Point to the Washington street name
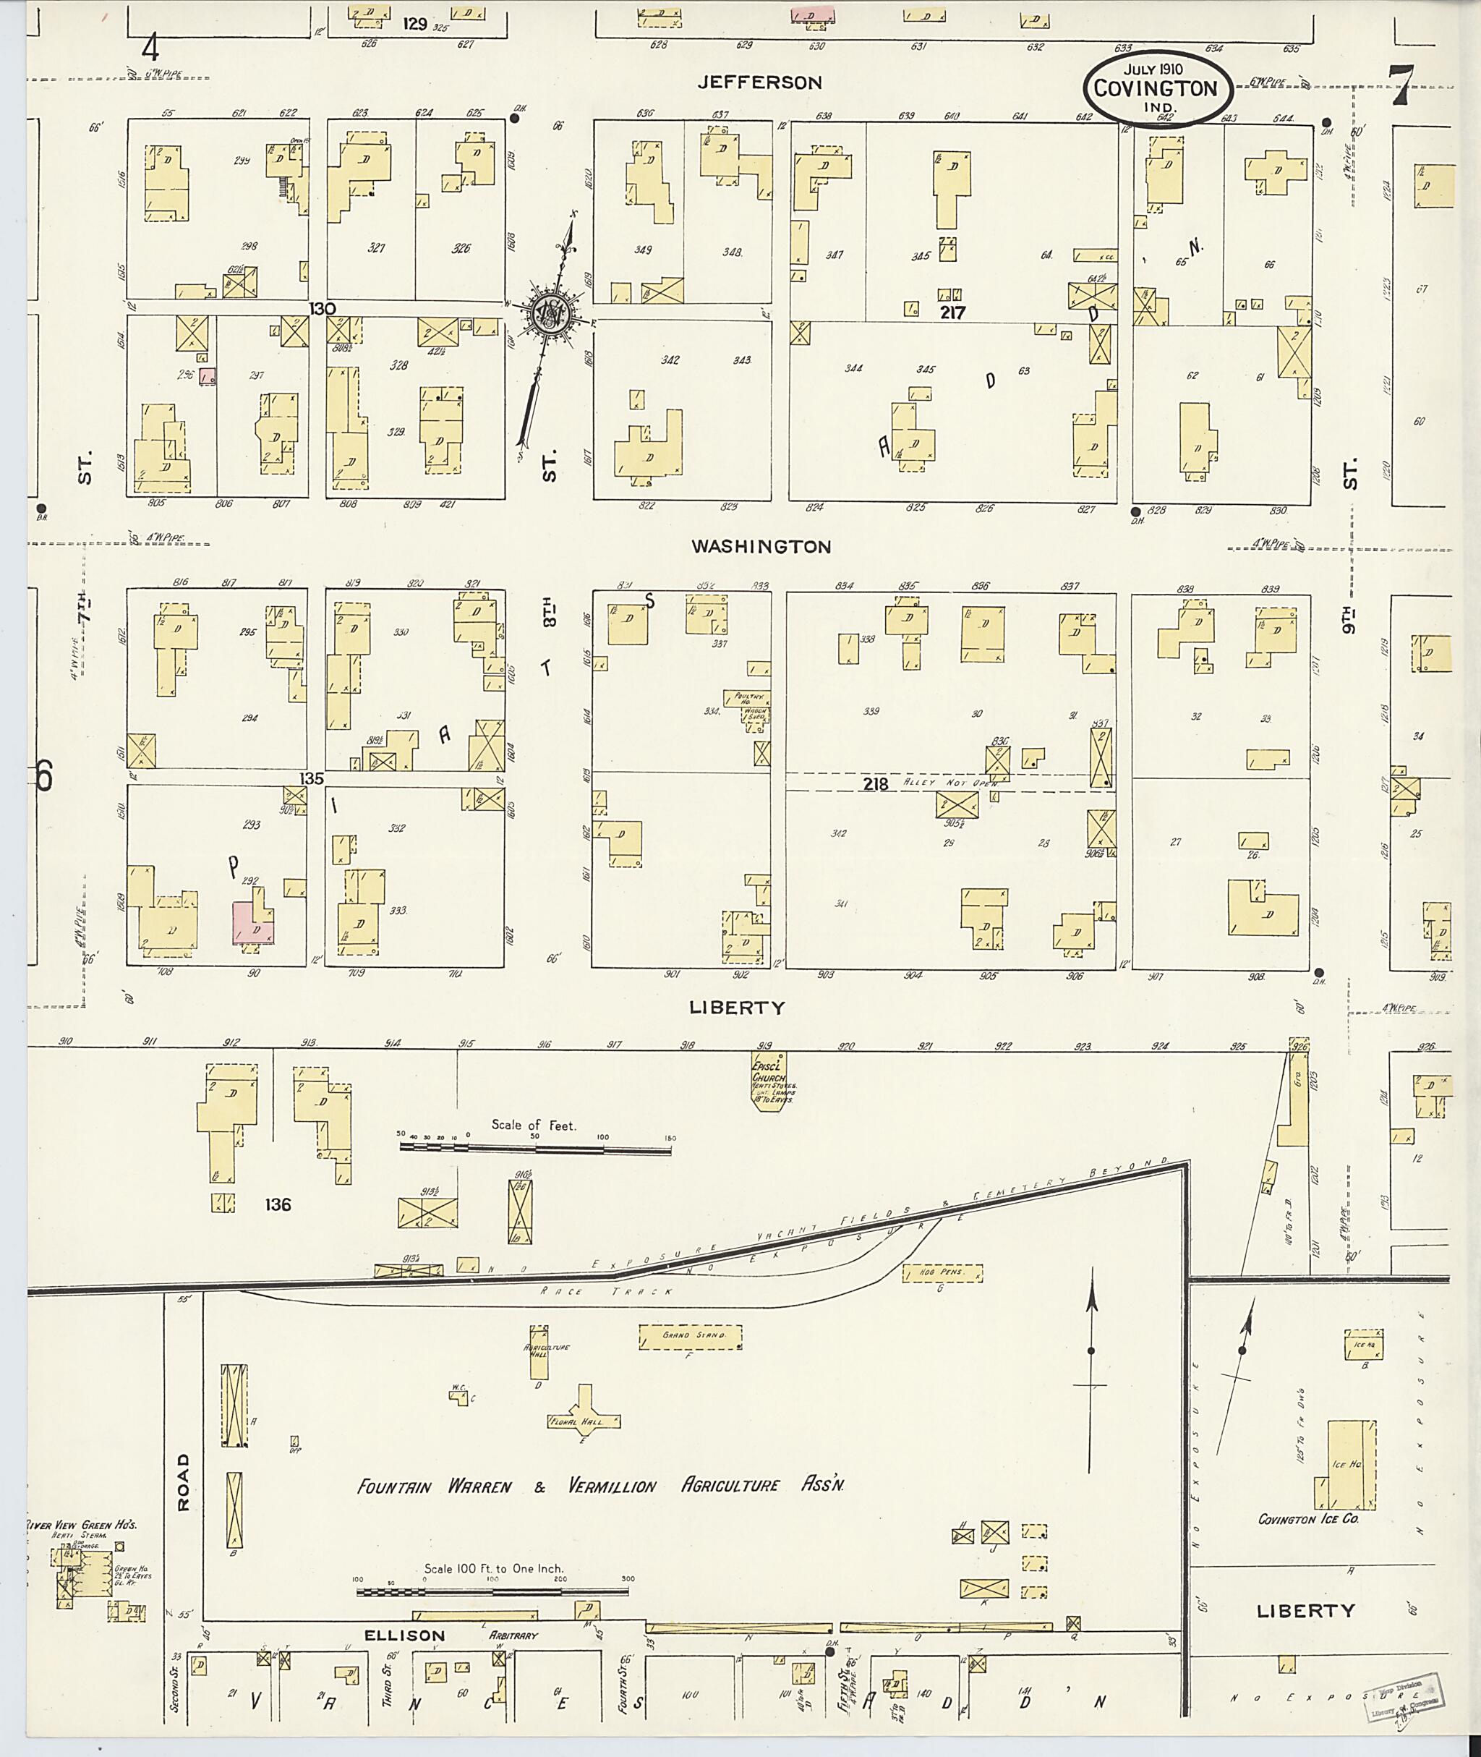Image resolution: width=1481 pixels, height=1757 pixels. point(761,547)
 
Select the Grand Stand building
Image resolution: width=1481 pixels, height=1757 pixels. point(690,1335)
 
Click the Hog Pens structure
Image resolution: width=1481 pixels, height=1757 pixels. point(942,1273)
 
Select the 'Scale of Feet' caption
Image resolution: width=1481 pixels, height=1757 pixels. point(534,1125)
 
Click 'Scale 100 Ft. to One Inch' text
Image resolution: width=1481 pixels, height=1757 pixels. point(494,1568)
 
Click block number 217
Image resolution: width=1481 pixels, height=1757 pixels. point(953,312)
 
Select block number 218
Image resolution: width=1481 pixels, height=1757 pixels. point(875,783)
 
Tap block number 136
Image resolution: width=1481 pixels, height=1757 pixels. point(277,1204)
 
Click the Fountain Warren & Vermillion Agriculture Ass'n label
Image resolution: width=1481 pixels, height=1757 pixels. point(600,1486)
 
